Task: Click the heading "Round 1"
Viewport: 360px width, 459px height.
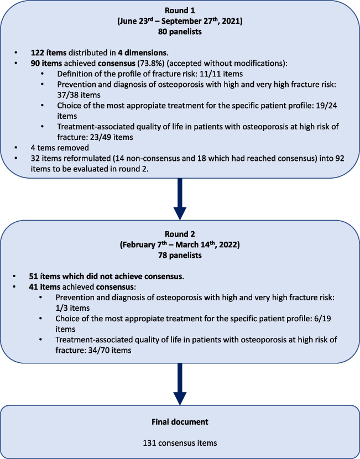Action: (180, 11)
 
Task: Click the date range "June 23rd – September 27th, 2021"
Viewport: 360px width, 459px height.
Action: (180, 22)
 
